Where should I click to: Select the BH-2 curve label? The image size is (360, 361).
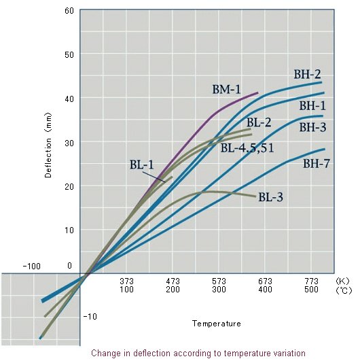click(x=308, y=74)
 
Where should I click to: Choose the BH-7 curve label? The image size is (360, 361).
click(x=317, y=163)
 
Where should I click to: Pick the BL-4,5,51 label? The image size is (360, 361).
click(x=247, y=147)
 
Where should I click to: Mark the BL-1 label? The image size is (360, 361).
click(x=143, y=164)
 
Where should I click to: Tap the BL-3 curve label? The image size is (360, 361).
click(x=271, y=197)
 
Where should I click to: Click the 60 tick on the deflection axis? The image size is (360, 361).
click(x=69, y=10)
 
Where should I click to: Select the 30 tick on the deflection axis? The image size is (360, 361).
click(x=69, y=142)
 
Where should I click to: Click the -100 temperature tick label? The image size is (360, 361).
click(x=33, y=265)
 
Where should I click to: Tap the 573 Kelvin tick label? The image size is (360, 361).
click(x=219, y=280)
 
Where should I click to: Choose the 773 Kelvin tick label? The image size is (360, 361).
click(x=311, y=280)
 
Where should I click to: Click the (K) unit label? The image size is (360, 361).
click(x=342, y=280)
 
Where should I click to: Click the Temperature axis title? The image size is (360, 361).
click(x=216, y=324)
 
